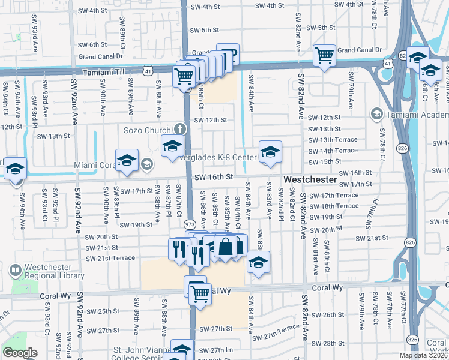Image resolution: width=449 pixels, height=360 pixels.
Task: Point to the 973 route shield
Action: tap(190, 223)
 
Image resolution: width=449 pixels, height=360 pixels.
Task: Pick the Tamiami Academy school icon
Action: tap(376, 113)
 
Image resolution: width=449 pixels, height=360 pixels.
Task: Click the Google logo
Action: tap(20, 353)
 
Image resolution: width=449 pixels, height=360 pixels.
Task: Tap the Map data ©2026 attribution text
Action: tap(422, 355)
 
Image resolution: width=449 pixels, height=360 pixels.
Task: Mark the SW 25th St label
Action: tap(100, 311)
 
